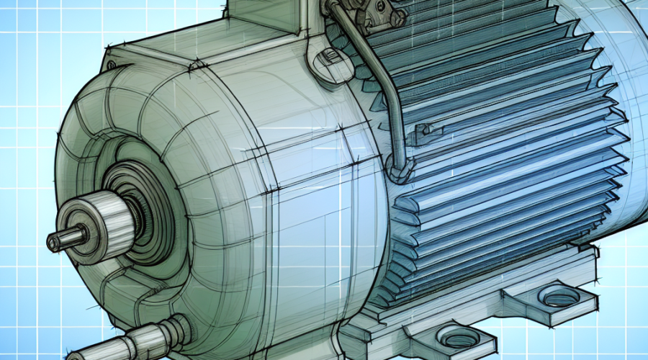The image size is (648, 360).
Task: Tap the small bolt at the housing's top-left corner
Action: point(110,66)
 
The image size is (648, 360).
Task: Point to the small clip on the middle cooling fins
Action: point(425,130)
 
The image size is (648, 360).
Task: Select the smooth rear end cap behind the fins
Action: point(619,72)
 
